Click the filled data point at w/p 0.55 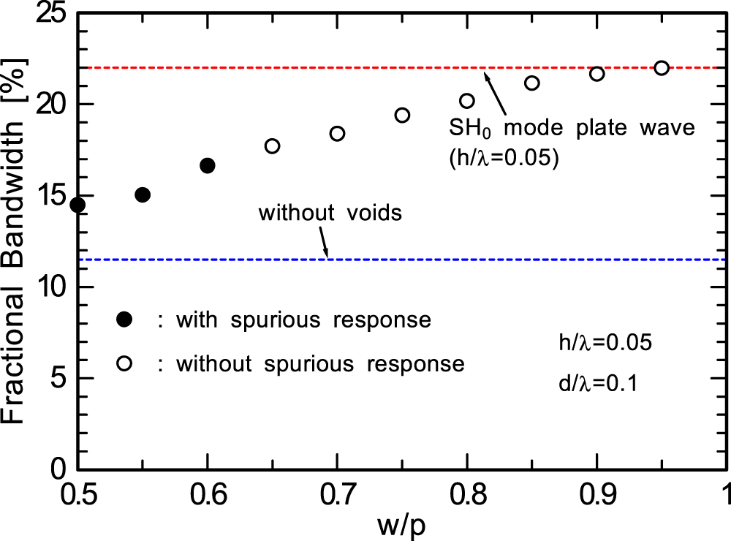[x=143, y=194]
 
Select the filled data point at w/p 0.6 [x=208, y=165]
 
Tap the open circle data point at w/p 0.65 [x=272, y=145]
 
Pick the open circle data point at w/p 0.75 [x=402, y=115]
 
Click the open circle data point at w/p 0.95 [x=662, y=67]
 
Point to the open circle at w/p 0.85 [x=532, y=83]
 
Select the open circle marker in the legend [x=124, y=363]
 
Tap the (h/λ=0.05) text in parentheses [x=504, y=157]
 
